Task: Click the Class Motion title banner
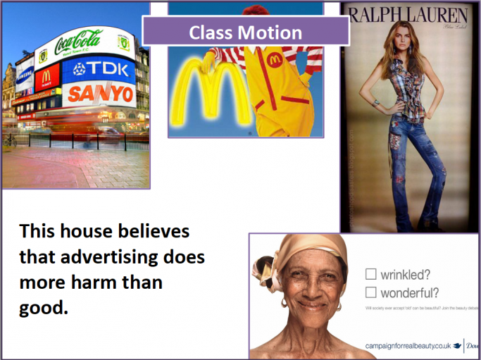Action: coord(246,32)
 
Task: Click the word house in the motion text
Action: coord(85,232)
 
